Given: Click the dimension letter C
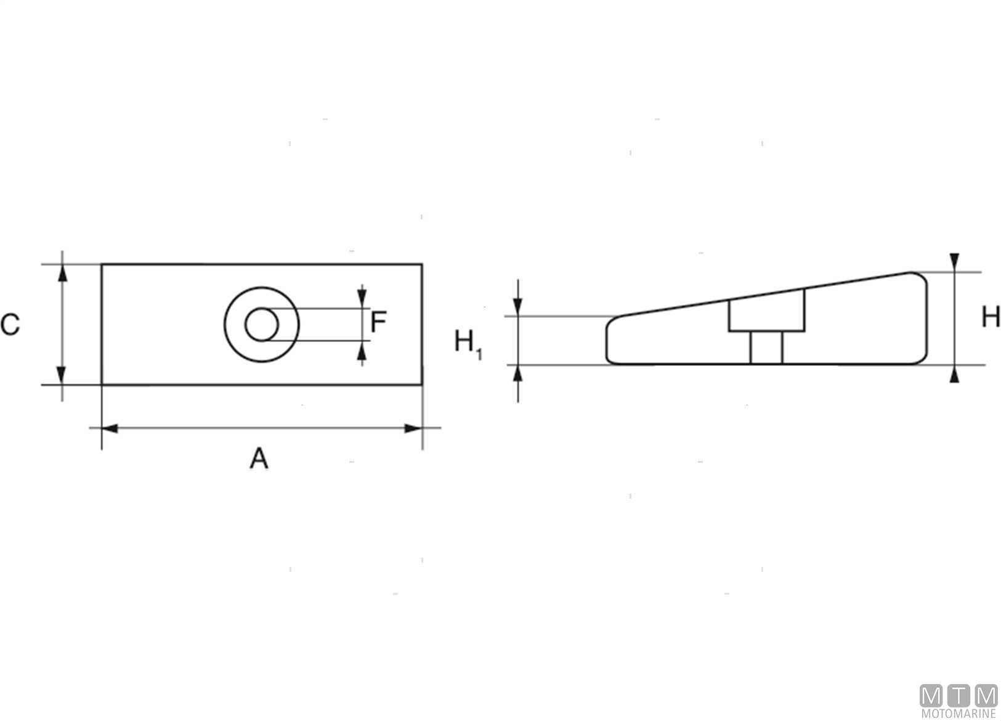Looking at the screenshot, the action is [x=10, y=324].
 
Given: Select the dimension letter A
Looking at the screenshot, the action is [x=259, y=458].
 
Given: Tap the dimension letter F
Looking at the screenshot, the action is [x=378, y=322].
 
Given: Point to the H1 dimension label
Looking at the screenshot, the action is [x=468, y=344].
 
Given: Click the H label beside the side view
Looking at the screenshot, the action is [x=991, y=317].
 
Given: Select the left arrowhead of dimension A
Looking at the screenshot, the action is [x=110, y=429].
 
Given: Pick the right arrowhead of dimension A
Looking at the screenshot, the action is [x=413, y=429].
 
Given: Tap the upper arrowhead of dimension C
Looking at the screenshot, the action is [x=63, y=273].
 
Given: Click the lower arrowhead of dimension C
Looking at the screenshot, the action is [x=62, y=375].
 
